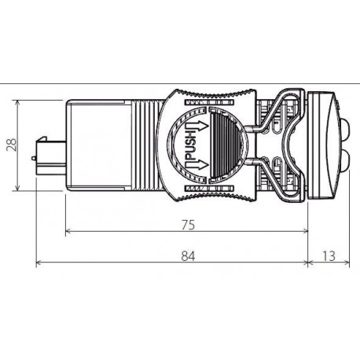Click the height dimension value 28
coord(9,146)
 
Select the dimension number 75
coord(186,225)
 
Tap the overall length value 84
coord(186,255)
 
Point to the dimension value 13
coord(329,255)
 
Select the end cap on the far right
coord(325,146)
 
